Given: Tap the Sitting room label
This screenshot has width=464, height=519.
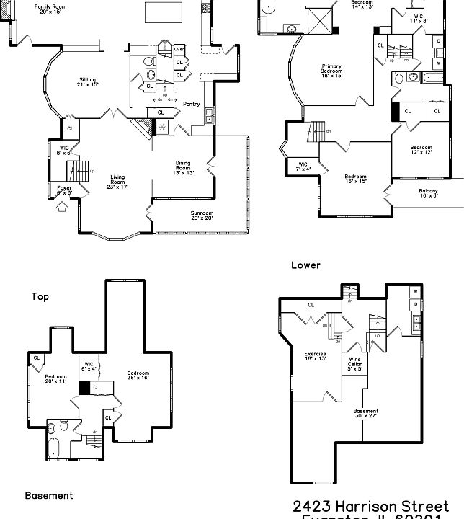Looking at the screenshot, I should (x=87, y=82).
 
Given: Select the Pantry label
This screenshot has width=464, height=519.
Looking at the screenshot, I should (x=191, y=104).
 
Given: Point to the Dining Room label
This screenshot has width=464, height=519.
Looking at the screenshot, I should (x=184, y=168).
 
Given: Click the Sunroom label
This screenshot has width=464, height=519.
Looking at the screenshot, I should (x=202, y=216).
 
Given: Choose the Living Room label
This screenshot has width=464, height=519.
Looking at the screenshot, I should (x=117, y=182).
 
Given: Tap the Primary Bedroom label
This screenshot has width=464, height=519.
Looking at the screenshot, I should (x=331, y=71).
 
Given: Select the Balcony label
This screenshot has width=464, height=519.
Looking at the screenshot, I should (x=428, y=192).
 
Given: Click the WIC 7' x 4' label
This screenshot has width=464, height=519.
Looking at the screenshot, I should (x=303, y=167).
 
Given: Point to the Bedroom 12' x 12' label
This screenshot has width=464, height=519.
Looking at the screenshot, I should (x=421, y=150).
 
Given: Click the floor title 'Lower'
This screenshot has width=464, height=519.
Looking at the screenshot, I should (x=305, y=265).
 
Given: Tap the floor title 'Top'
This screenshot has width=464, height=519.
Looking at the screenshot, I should (x=40, y=296).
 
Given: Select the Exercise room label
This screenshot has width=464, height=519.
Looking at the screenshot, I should (x=315, y=356).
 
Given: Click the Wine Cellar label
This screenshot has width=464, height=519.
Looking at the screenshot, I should (x=355, y=363).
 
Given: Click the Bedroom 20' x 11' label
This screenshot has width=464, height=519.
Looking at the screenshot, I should (x=55, y=378).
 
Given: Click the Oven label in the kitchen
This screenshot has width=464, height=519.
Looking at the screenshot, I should (x=179, y=49).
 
